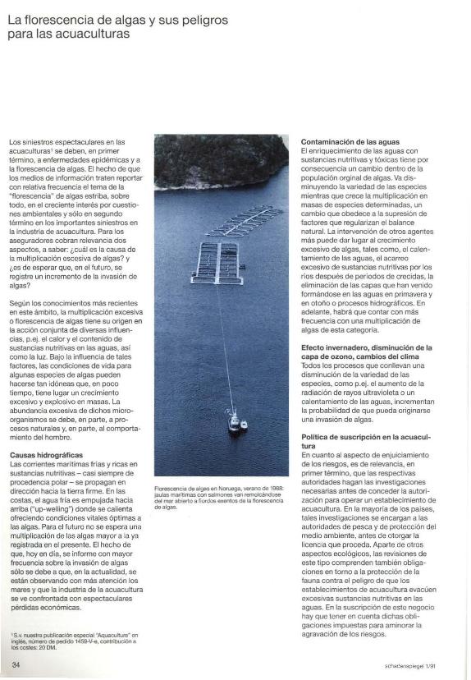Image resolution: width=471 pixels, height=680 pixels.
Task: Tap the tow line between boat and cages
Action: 223,345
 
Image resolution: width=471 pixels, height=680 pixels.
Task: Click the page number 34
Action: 16,663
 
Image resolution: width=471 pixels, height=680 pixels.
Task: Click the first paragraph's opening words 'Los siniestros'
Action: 30,142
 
